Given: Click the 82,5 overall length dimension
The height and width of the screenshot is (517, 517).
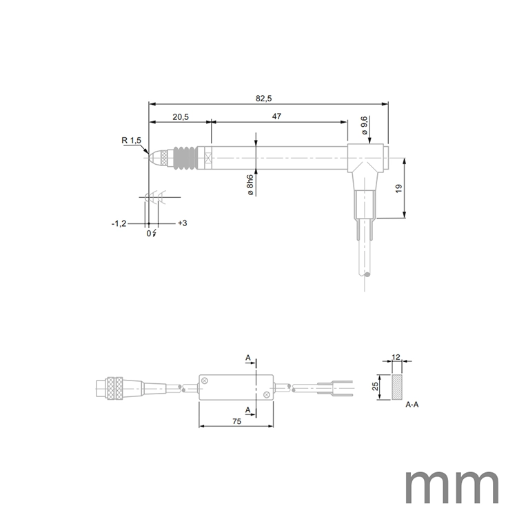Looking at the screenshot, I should [x=263, y=99].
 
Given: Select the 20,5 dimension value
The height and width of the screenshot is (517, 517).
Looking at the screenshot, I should [x=181, y=117].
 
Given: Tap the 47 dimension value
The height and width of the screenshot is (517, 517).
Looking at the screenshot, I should [x=276, y=117].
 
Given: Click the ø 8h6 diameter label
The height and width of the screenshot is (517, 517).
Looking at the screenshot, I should [x=249, y=185].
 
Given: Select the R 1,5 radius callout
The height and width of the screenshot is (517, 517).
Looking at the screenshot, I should [x=131, y=141].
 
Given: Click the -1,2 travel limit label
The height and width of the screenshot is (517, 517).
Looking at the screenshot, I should [x=119, y=224].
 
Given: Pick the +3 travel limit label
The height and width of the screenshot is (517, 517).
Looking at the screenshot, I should [x=183, y=224].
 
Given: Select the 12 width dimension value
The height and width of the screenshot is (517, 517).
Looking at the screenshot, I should [x=396, y=358].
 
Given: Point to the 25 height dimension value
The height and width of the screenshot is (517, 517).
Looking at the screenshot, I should [x=376, y=387].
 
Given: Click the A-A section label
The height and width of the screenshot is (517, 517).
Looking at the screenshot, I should [x=412, y=405].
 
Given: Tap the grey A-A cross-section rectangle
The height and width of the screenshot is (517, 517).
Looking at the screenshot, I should [x=397, y=387].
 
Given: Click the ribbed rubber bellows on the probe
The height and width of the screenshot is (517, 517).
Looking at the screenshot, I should [x=183, y=157].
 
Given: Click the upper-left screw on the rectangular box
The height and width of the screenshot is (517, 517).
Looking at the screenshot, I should [x=205, y=381].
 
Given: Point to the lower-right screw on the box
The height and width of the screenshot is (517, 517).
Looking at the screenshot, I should [x=266, y=394].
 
